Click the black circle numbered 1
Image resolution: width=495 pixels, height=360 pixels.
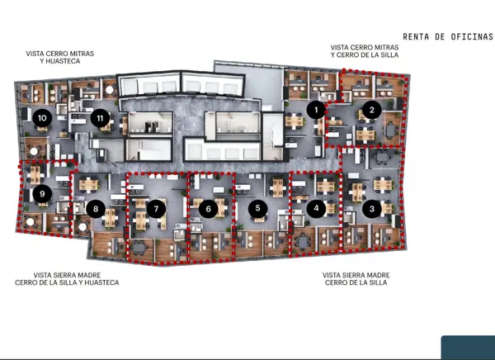tap(316, 110)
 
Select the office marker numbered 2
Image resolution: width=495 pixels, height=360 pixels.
tap(372, 110)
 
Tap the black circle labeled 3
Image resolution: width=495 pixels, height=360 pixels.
tap(372, 209)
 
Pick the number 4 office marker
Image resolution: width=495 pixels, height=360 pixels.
tap(316, 208)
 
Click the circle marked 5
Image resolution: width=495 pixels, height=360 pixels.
tap(258, 208)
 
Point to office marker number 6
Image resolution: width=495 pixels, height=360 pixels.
tap(208, 209)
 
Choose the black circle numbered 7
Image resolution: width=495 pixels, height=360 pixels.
tap(156, 209)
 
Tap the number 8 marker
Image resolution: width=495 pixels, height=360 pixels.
tap(96, 209)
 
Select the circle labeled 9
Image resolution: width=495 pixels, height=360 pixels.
tap(42, 193)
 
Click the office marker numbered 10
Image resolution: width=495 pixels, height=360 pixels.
tap(42, 118)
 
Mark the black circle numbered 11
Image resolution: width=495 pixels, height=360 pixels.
tap(100, 118)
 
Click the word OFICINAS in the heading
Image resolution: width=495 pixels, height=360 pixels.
tap(472, 36)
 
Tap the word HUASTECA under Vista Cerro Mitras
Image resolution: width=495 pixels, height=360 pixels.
tap(63, 61)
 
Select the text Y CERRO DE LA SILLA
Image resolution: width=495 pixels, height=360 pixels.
tap(365, 54)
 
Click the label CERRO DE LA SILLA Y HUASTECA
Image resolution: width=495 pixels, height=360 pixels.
tap(67, 282)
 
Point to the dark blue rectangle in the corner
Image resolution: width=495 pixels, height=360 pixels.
tap(468, 348)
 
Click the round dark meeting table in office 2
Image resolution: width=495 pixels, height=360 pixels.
tap(391, 130)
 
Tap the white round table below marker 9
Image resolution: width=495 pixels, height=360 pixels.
tap(31, 222)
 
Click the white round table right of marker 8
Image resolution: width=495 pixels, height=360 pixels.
tap(82, 226)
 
